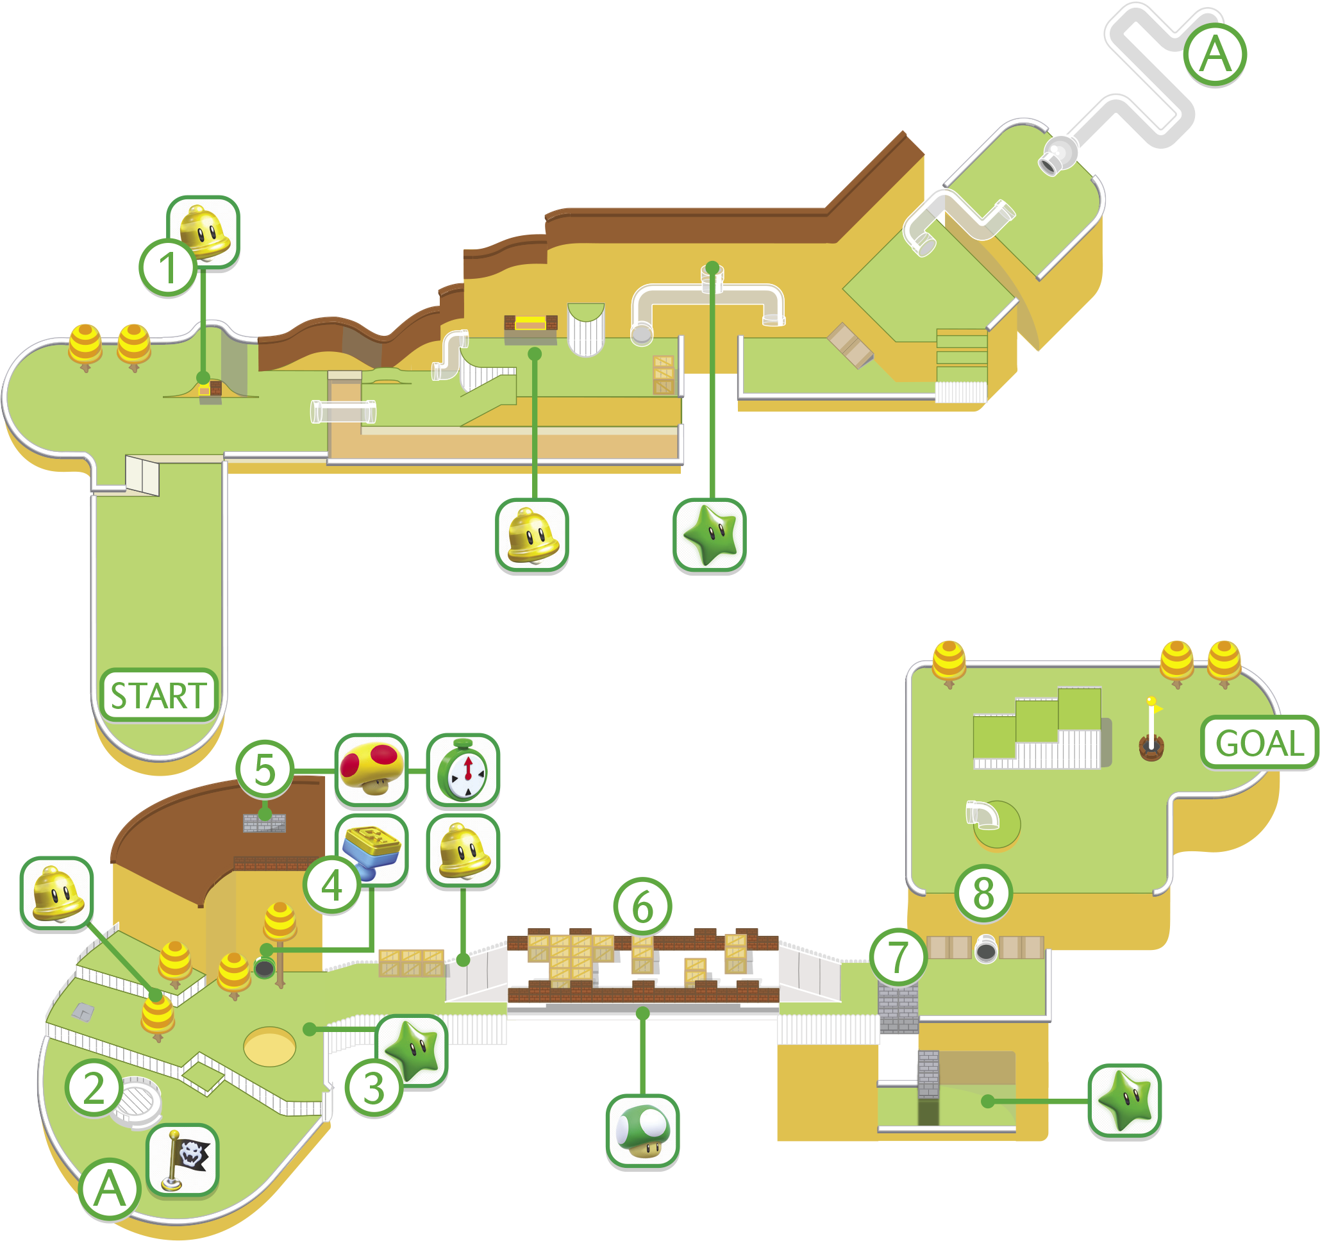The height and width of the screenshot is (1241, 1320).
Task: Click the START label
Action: point(159,695)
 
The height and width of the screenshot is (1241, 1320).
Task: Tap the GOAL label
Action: point(1259,742)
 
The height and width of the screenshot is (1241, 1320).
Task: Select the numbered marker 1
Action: point(168,268)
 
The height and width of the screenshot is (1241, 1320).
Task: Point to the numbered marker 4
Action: point(332,885)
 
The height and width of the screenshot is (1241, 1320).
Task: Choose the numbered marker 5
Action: point(264,770)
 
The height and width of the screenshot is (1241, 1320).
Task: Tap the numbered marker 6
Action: point(642,907)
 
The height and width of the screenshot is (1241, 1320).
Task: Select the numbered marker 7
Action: point(899,957)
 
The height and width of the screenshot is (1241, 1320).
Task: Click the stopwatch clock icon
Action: point(463,770)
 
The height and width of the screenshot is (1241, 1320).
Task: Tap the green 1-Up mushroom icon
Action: point(643,1131)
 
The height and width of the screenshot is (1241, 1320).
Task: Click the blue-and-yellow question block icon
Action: point(371,852)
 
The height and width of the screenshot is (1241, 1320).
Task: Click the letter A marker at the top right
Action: point(1216,54)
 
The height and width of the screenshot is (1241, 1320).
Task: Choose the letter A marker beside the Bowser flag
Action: point(110,1188)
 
